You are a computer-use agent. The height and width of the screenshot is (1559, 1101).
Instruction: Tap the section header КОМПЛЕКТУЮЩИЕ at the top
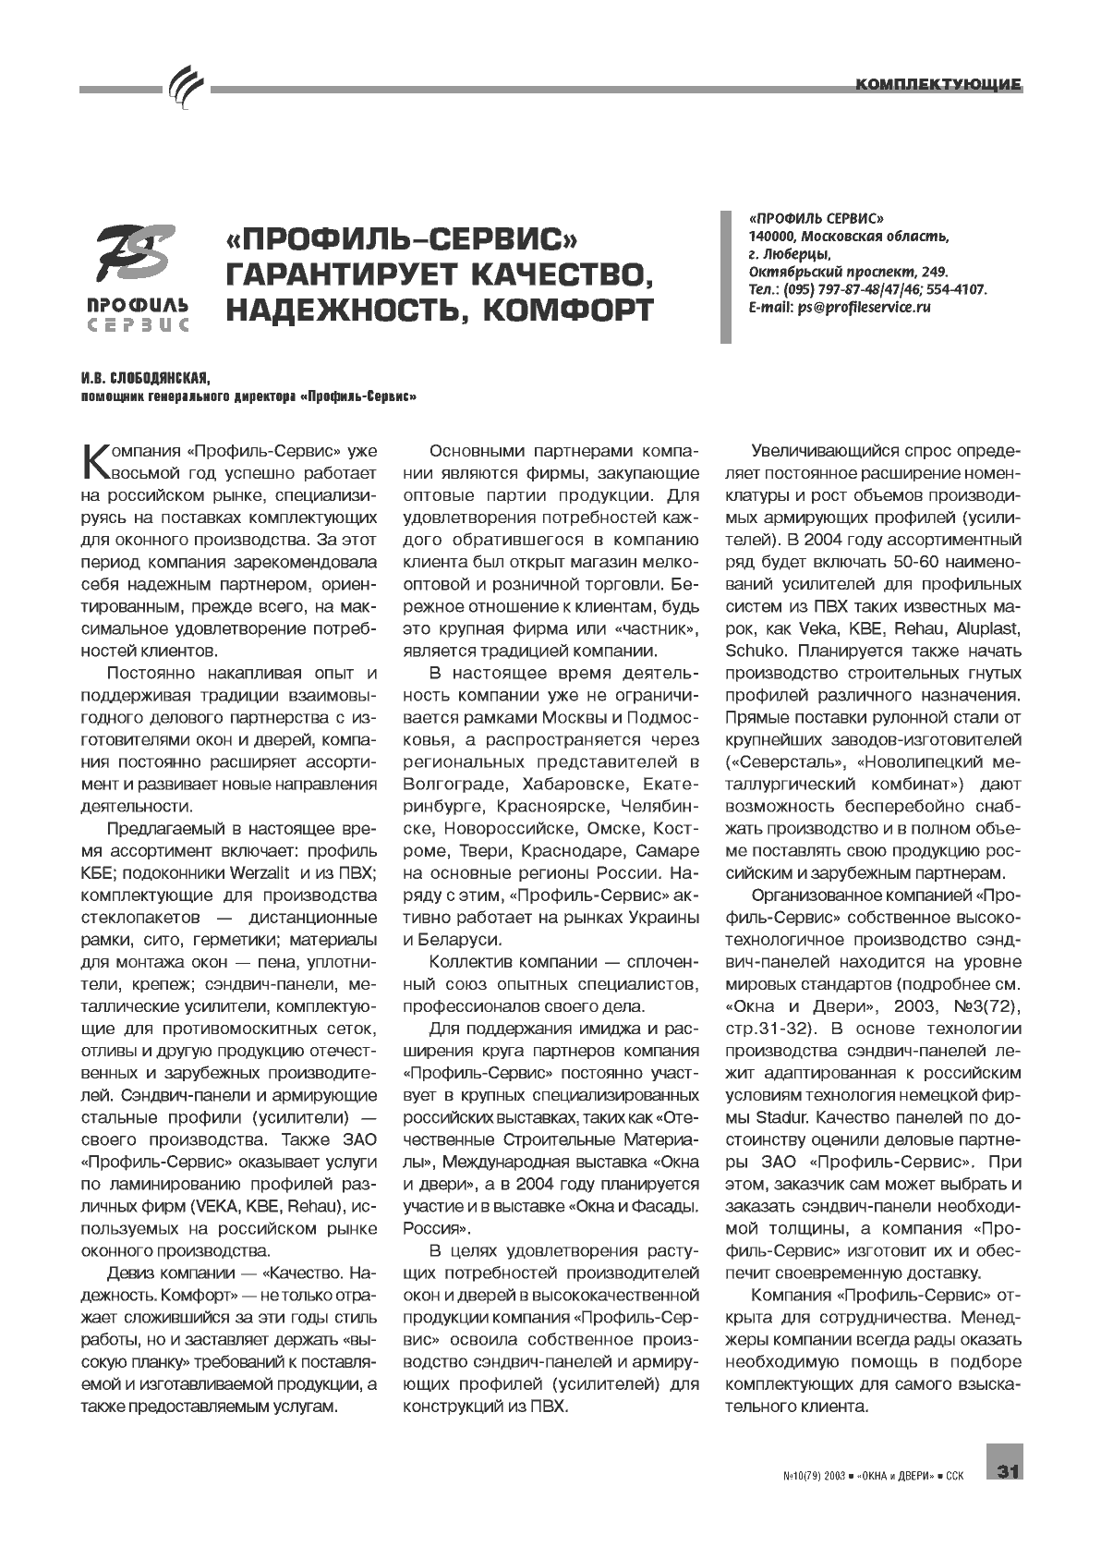click(938, 85)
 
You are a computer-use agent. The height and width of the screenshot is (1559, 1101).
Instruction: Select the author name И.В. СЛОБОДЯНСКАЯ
click(144, 378)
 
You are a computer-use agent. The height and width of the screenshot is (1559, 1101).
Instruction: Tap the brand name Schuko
click(756, 651)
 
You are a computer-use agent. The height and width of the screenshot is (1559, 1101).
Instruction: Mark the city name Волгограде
click(449, 784)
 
